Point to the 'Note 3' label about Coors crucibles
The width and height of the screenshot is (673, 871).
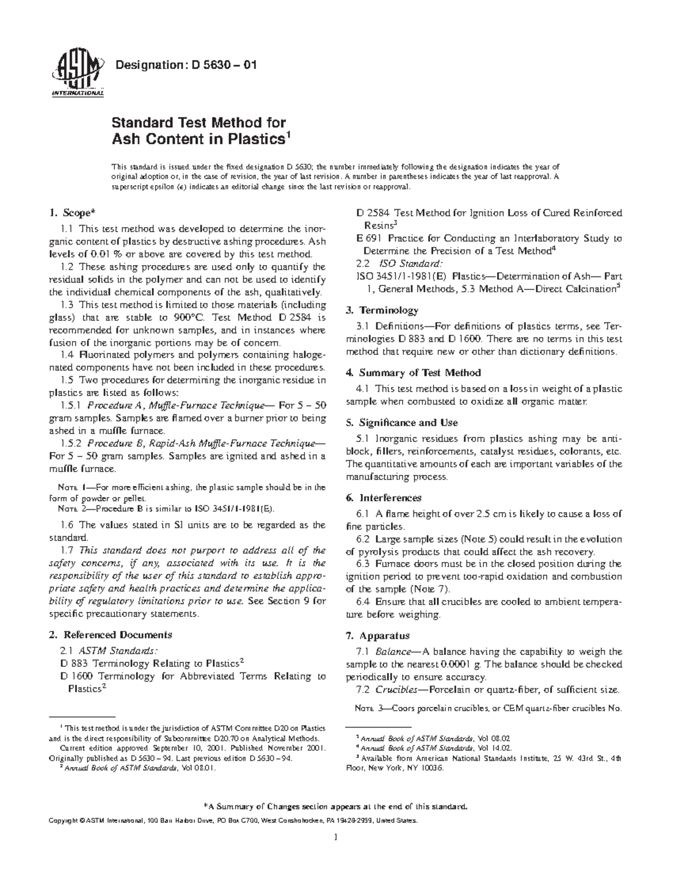tap(370, 709)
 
